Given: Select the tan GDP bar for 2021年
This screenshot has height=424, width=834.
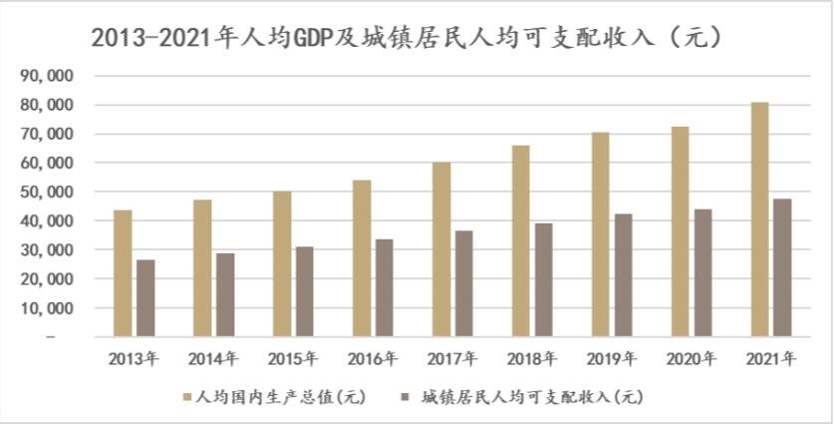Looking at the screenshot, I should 759,219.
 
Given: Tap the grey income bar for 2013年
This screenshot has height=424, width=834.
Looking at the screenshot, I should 145,298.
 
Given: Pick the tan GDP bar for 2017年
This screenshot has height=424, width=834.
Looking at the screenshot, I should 441,249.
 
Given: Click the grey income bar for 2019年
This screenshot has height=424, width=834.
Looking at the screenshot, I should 623,275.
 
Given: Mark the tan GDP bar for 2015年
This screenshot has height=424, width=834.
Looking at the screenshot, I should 282,264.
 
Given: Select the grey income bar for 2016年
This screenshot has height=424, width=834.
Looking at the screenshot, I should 385,287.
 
